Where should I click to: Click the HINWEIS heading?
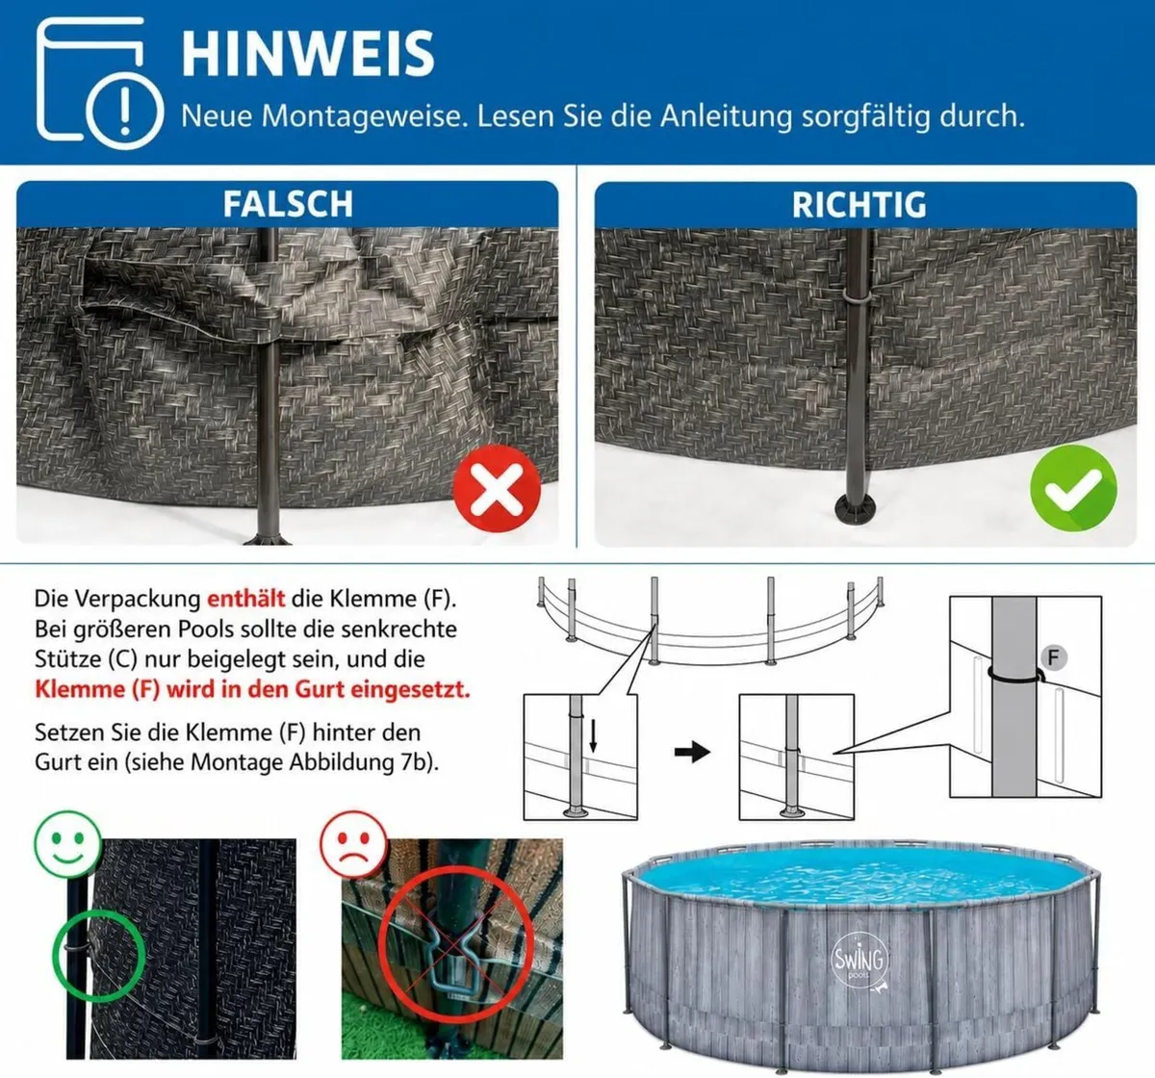(308, 54)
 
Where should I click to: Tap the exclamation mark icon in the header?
(124, 111)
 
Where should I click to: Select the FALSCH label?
(288, 204)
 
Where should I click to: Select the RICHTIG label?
(859, 205)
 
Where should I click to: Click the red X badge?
(497, 488)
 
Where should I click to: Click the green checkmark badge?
(1073, 488)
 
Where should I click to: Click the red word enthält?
(246, 599)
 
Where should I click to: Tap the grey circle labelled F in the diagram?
(1053, 658)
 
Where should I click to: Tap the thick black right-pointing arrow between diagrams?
(692, 753)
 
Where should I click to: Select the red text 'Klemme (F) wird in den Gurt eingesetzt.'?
(252, 689)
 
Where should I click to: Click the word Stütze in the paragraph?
(68, 659)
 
